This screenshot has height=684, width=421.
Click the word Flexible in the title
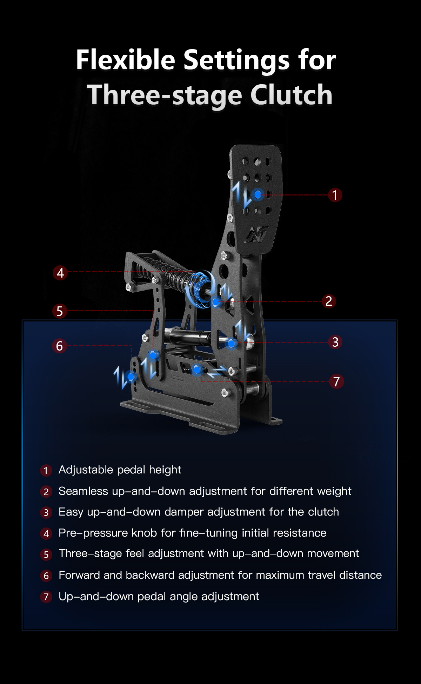[x=126, y=60]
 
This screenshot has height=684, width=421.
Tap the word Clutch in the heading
[x=291, y=95]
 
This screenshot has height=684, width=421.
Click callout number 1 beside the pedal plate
[x=335, y=195]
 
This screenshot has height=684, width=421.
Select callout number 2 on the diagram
[x=329, y=301]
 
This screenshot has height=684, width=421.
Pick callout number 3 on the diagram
[x=335, y=342]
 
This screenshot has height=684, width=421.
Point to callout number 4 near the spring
[x=60, y=273]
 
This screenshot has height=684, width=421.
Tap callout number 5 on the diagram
[x=60, y=311]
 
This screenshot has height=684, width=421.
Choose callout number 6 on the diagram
[x=59, y=346]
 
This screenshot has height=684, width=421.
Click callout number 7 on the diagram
[x=336, y=381]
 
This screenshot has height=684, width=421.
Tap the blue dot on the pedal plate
[x=258, y=194]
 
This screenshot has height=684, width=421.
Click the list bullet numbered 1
[x=46, y=470]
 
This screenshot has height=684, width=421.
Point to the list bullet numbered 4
[x=46, y=533]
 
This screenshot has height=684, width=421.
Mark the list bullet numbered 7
[x=46, y=597]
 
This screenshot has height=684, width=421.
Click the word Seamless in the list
[x=83, y=491]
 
